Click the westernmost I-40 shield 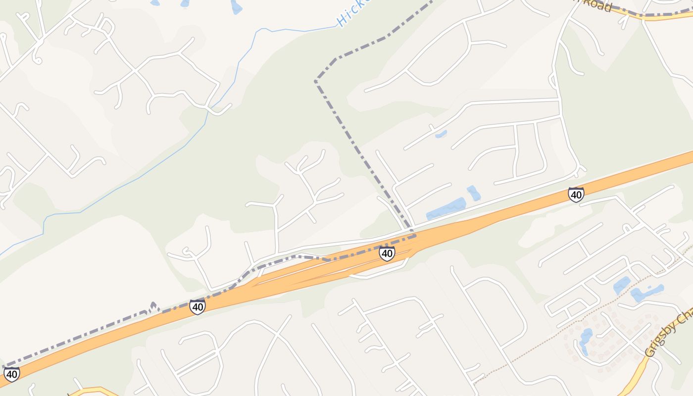[11, 374]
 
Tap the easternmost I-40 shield [576, 195]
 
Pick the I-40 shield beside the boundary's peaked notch [198, 307]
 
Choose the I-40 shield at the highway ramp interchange [387, 253]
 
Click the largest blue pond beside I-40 [445, 208]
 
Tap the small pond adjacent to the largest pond [473, 193]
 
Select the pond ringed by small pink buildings [586, 340]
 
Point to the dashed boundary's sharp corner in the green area [316, 80]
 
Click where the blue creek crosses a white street [208, 110]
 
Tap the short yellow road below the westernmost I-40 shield [94, 391]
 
